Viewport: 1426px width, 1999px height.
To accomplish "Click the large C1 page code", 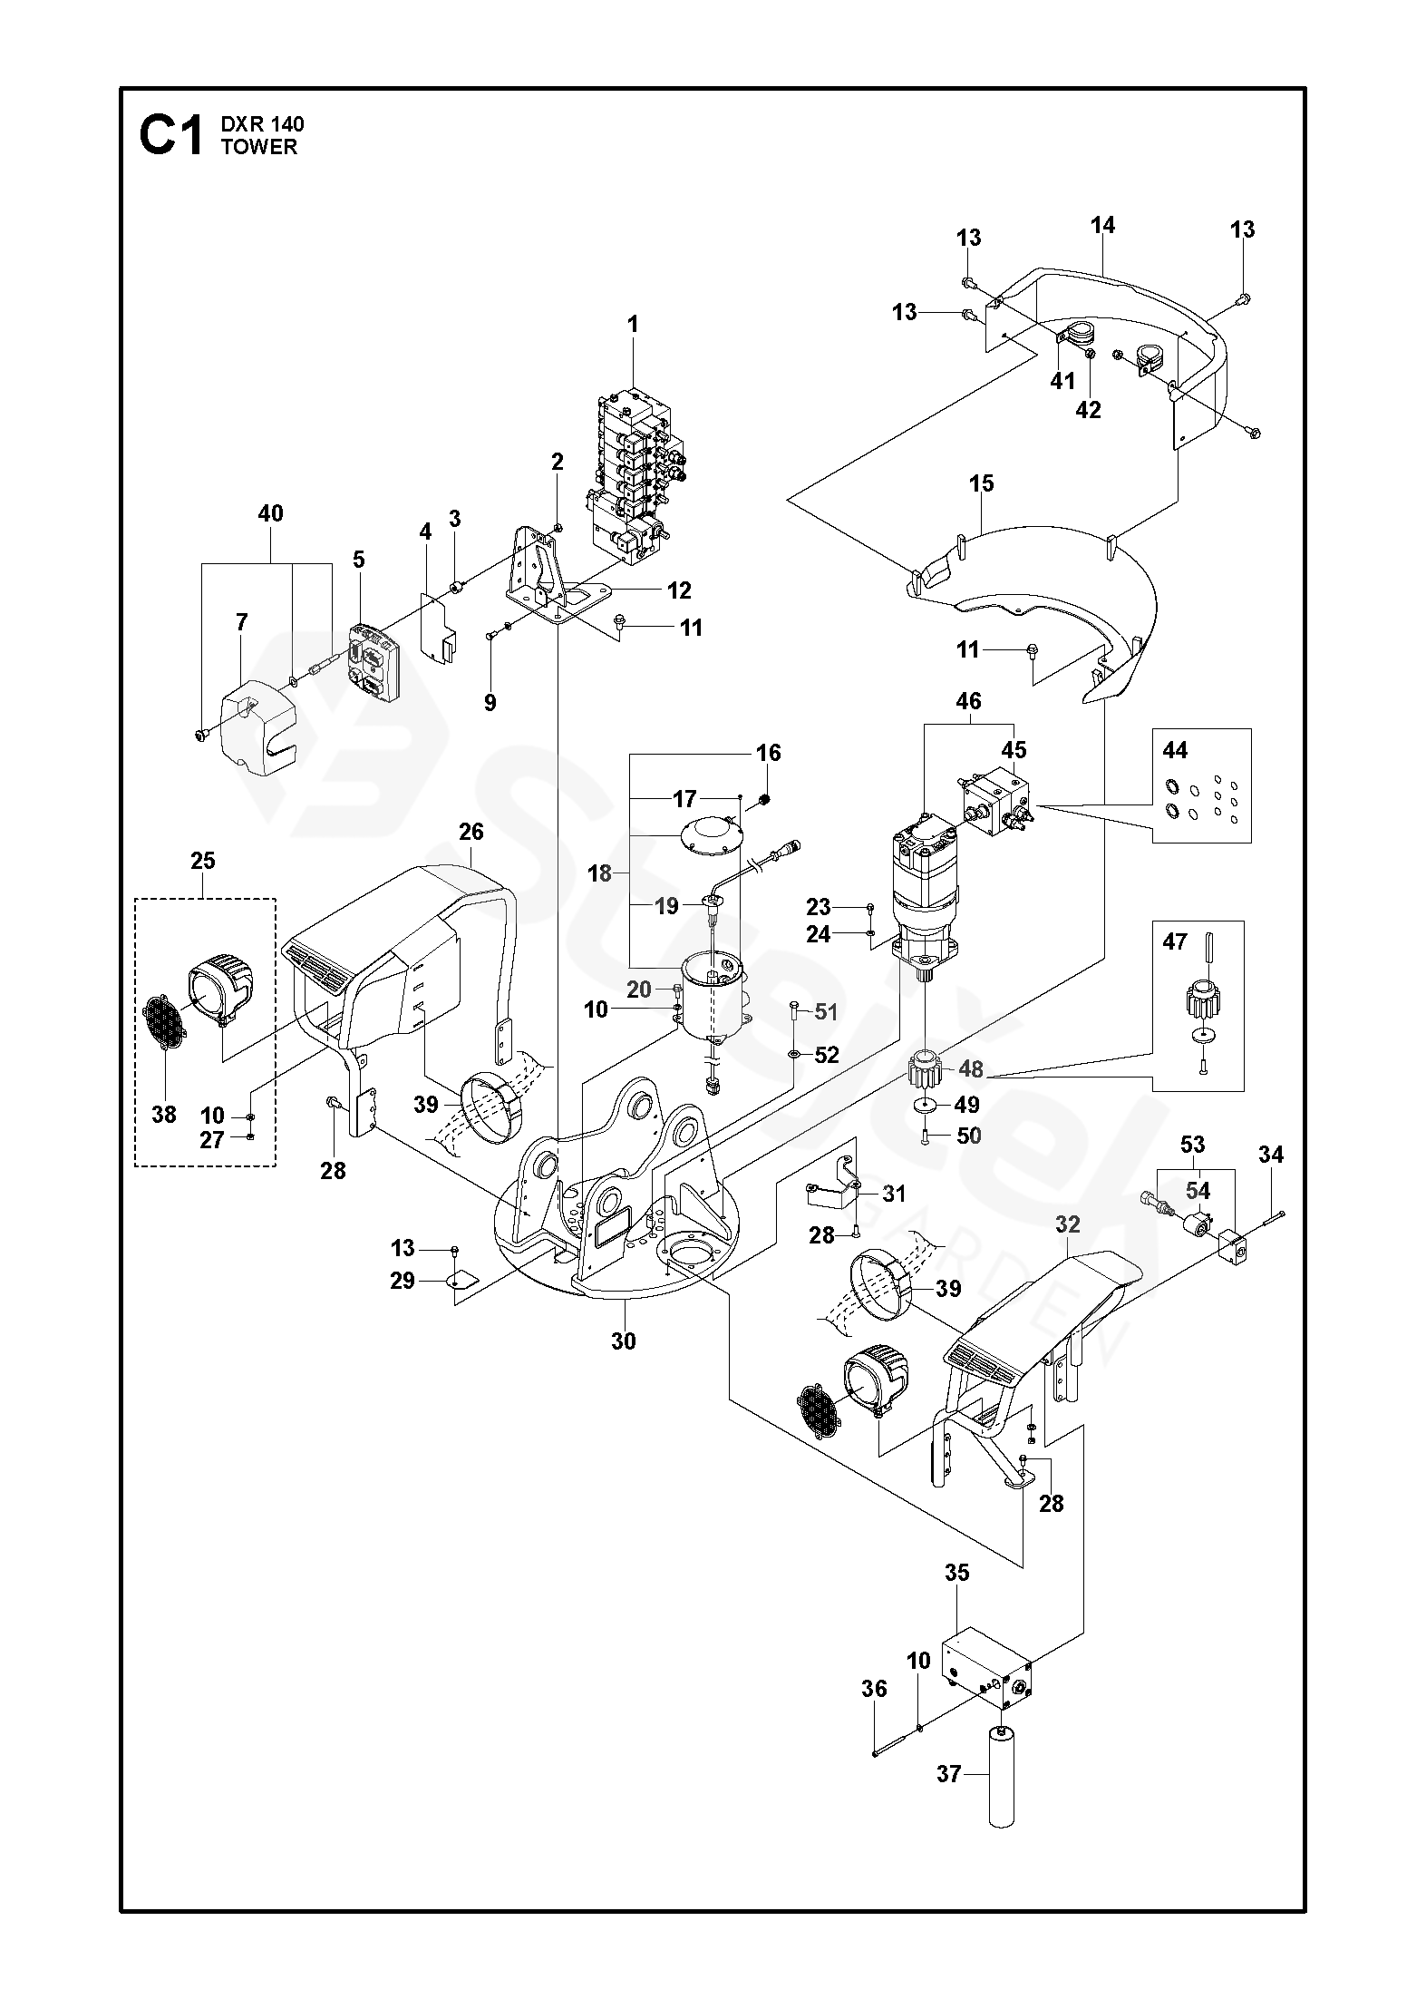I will click(x=171, y=136).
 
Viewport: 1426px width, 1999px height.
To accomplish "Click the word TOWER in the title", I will click(x=258, y=147).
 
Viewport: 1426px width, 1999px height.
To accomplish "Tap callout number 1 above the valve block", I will click(x=633, y=324).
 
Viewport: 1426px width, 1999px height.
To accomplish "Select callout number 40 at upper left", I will click(x=270, y=513).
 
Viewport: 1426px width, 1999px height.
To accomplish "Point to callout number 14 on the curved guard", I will click(x=1102, y=225).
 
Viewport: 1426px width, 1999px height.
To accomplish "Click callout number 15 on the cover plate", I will click(x=981, y=483).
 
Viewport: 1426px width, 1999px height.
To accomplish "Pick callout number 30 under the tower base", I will click(x=624, y=1341).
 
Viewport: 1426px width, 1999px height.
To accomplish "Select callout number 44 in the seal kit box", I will click(x=1175, y=750).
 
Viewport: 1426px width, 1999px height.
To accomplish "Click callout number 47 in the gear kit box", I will click(x=1175, y=942).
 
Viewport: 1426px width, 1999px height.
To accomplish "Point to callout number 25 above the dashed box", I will click(x=203, y=860).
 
